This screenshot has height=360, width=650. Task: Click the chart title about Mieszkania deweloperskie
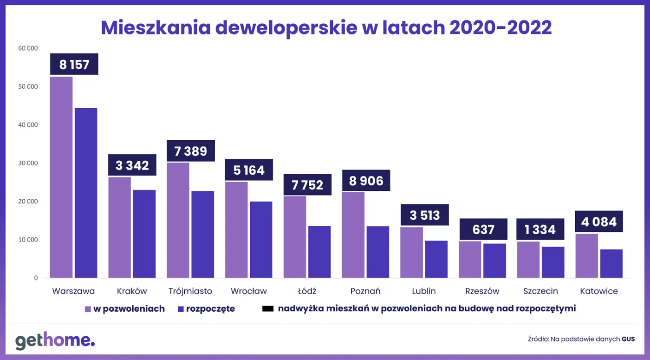point(326,28)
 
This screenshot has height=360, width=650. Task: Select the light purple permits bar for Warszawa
point(61,177)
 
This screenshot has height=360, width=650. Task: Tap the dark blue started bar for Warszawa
point(86,193)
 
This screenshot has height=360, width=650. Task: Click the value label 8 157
point(74,65)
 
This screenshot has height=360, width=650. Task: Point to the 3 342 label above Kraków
point(132,165)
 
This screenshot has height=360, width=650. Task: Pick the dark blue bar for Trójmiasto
point(203,235)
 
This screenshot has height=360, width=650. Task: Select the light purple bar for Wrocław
point(237,230)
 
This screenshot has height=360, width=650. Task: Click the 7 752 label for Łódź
point(308,185)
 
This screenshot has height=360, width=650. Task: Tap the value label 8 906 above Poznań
point(366,181)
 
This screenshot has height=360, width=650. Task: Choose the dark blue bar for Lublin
point(436,259)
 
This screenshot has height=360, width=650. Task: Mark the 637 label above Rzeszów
point(483,229)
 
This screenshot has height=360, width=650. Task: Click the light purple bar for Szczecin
point(528,260)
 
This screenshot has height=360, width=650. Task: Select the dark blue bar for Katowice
point(611,263)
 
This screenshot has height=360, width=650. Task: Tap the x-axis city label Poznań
point(365,291)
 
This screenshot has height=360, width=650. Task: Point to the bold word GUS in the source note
point(628,339)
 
